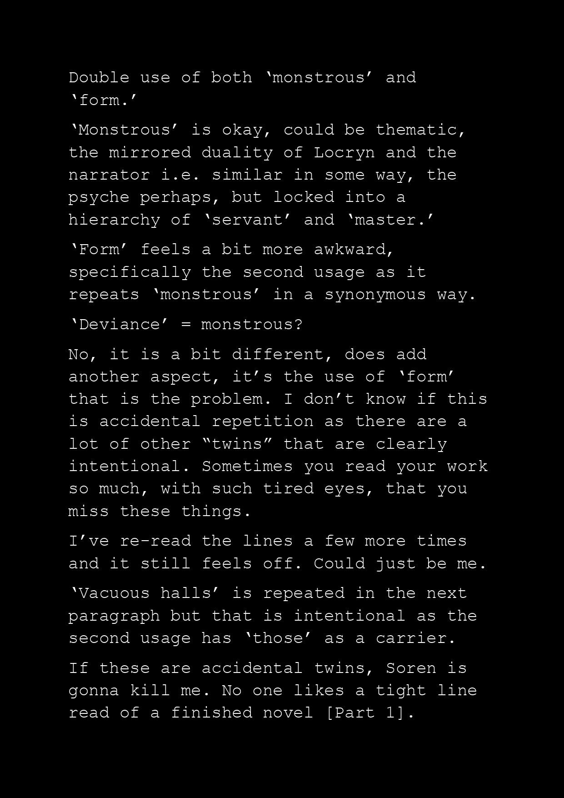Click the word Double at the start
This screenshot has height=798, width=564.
[x=99, y=77]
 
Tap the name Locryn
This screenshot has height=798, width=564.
[x=344, y=152]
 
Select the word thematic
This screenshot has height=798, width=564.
[x=420, y=130]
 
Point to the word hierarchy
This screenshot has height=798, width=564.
[x=114, y=220]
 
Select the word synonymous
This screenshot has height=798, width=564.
[x=375, y=295]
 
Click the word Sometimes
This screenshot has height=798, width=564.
[x=247, y=467]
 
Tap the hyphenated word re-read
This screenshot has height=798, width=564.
[x=155, y=541]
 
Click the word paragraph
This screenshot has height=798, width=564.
[x=114, y=616]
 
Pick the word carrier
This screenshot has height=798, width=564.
[x=415, y=638]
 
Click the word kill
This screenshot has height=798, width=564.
[x=150, y=691]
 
